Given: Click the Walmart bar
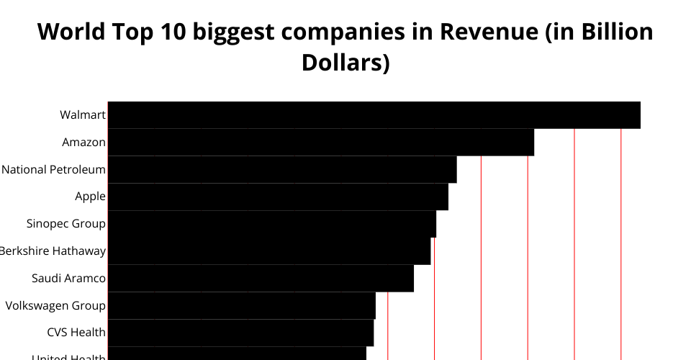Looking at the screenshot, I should (x=374, y=115).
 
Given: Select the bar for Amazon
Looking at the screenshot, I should (x=320, y=143).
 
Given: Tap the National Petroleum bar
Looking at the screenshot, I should (x=282, y=170).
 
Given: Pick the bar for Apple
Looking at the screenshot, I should (x=278, y=197).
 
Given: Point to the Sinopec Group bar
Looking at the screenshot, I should (x=271, y=224).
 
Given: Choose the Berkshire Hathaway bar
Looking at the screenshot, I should (x=268, y=251).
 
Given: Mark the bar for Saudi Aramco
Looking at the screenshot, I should (x=261, y=279).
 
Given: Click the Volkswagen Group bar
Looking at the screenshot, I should (x=241, y=305).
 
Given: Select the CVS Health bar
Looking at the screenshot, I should (x=240, y=333).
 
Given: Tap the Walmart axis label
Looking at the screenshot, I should (x=83, y=115).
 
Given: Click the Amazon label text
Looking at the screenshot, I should (x=83, y=143).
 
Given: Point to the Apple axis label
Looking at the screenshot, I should (x=90, y=197).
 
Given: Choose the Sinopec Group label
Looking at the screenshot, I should (x=66, y=224).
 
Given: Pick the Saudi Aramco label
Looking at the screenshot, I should (x=69, y=279).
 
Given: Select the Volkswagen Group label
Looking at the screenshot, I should (x=55, y=305).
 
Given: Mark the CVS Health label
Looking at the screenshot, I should (x=76, y=333).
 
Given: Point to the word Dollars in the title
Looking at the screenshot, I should (x=345, y=63).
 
